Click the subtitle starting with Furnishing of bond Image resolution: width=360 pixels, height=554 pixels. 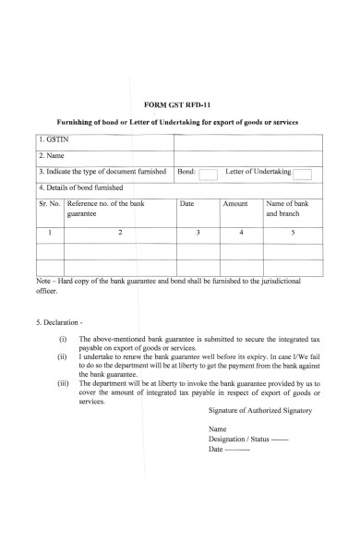[180, 122]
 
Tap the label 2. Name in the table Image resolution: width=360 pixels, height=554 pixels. [52, 156]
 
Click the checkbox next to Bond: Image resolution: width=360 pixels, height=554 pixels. [209, 173]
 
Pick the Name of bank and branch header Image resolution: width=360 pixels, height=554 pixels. [292, 208]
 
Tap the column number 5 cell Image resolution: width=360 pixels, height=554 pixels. [293, 233]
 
